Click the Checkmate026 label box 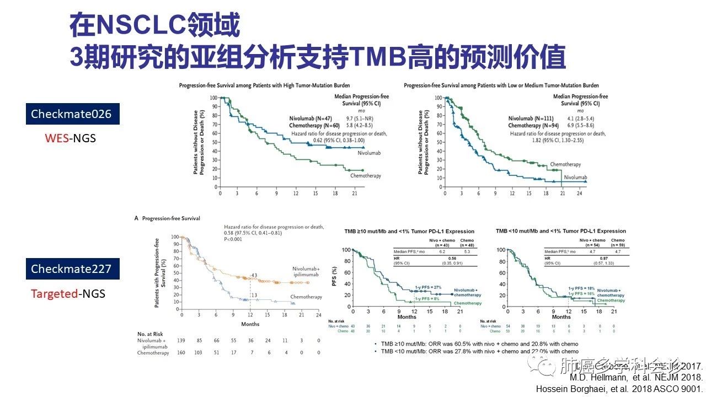[x=71, y=114]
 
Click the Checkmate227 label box [x=71, y=269]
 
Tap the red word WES [x=55, y=138]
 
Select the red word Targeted [x=54, y=294]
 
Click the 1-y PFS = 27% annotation [x=429, y=287]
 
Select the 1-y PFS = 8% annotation [x=427, y=299]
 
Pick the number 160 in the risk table [x=181, y=353]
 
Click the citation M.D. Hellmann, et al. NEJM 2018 [x=636, y=378]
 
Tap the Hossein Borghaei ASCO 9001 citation [x=619, y=389]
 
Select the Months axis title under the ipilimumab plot [x=250, y=324]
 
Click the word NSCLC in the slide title [x=135, y=26]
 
